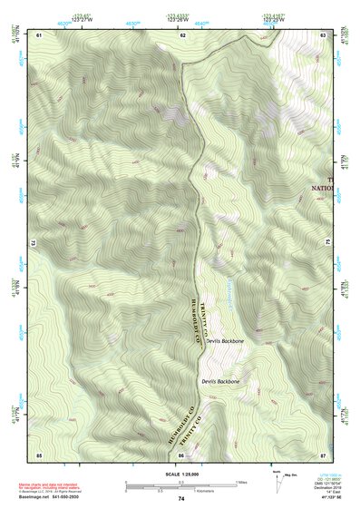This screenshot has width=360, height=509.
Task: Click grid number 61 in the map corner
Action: (40, 34)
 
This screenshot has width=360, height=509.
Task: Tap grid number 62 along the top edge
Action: (182, 34)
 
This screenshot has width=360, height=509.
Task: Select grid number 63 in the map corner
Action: (323, 34)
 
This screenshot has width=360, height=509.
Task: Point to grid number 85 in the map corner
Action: (40, 455)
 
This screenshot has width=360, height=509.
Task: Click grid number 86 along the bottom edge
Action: (182, 455)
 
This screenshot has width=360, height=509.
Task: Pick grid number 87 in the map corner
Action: (323, 455)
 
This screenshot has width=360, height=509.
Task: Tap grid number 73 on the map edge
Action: (34, 243)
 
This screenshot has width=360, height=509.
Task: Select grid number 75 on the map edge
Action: (328, 243)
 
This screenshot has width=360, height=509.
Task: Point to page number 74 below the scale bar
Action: (181, 499)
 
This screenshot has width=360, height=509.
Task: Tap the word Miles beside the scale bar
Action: (241, 483)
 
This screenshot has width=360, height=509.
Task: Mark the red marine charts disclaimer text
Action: (51, 486)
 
